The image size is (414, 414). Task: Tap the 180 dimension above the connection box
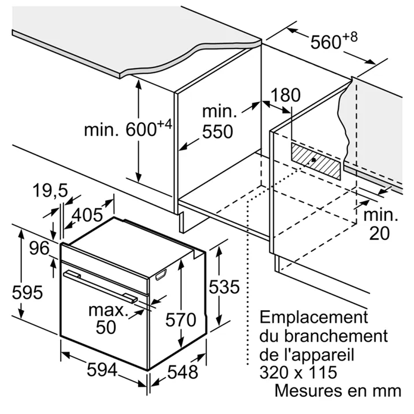coord(286,95)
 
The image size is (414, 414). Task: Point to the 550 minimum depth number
coord(218,132)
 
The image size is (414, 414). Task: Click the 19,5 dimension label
coord(50,190)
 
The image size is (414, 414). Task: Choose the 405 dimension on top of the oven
coord(87,214)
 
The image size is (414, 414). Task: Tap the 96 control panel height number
coord(39,248)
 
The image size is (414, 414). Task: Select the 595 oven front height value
coord(27,292)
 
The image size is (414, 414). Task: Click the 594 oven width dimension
coord(102,370)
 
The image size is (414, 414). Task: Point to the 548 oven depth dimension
coord(183,372)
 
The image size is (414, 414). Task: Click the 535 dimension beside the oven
coord(224,286)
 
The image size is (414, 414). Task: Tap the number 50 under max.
coord(106,327)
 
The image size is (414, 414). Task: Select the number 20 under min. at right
coord(379,233)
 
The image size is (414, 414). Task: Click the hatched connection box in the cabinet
coord(316,161)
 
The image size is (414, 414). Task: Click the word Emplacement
coord(313,317)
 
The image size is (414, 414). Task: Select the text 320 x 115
coord(298,372)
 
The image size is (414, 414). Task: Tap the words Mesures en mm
coord(338,390)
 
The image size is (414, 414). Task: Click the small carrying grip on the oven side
coord(161,275)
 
